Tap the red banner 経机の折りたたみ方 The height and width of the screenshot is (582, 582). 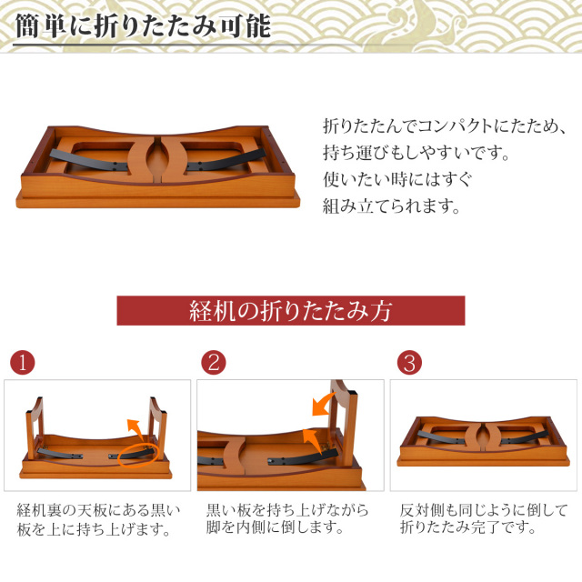click(x=290, y=310)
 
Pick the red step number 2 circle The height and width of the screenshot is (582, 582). click(x=213, y=364)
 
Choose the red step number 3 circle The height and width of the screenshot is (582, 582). click(x=409, y=364)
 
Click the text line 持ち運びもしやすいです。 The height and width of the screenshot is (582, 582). click(x=416, y=152)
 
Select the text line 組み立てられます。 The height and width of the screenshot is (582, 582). click(x=392, y=206)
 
